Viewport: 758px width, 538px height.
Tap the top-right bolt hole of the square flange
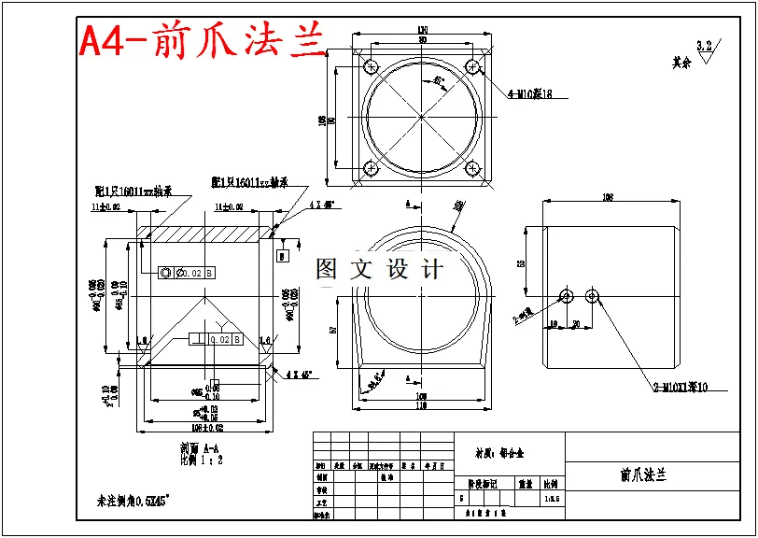coord(473,66)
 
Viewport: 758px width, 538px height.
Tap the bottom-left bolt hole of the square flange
coord(370,169)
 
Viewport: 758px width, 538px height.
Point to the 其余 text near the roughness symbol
coord(681,64)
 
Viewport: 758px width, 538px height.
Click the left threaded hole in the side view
coord(566,295)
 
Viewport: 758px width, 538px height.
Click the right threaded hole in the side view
coord(592,295)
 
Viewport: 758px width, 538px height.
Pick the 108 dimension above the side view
coord(607,198)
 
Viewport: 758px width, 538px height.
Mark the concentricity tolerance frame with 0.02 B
coord(187,273)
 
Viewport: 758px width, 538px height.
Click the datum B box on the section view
coord(283,254)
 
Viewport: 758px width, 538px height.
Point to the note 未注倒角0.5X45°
coord(133,501)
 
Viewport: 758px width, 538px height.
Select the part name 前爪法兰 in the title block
coord(643,474)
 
